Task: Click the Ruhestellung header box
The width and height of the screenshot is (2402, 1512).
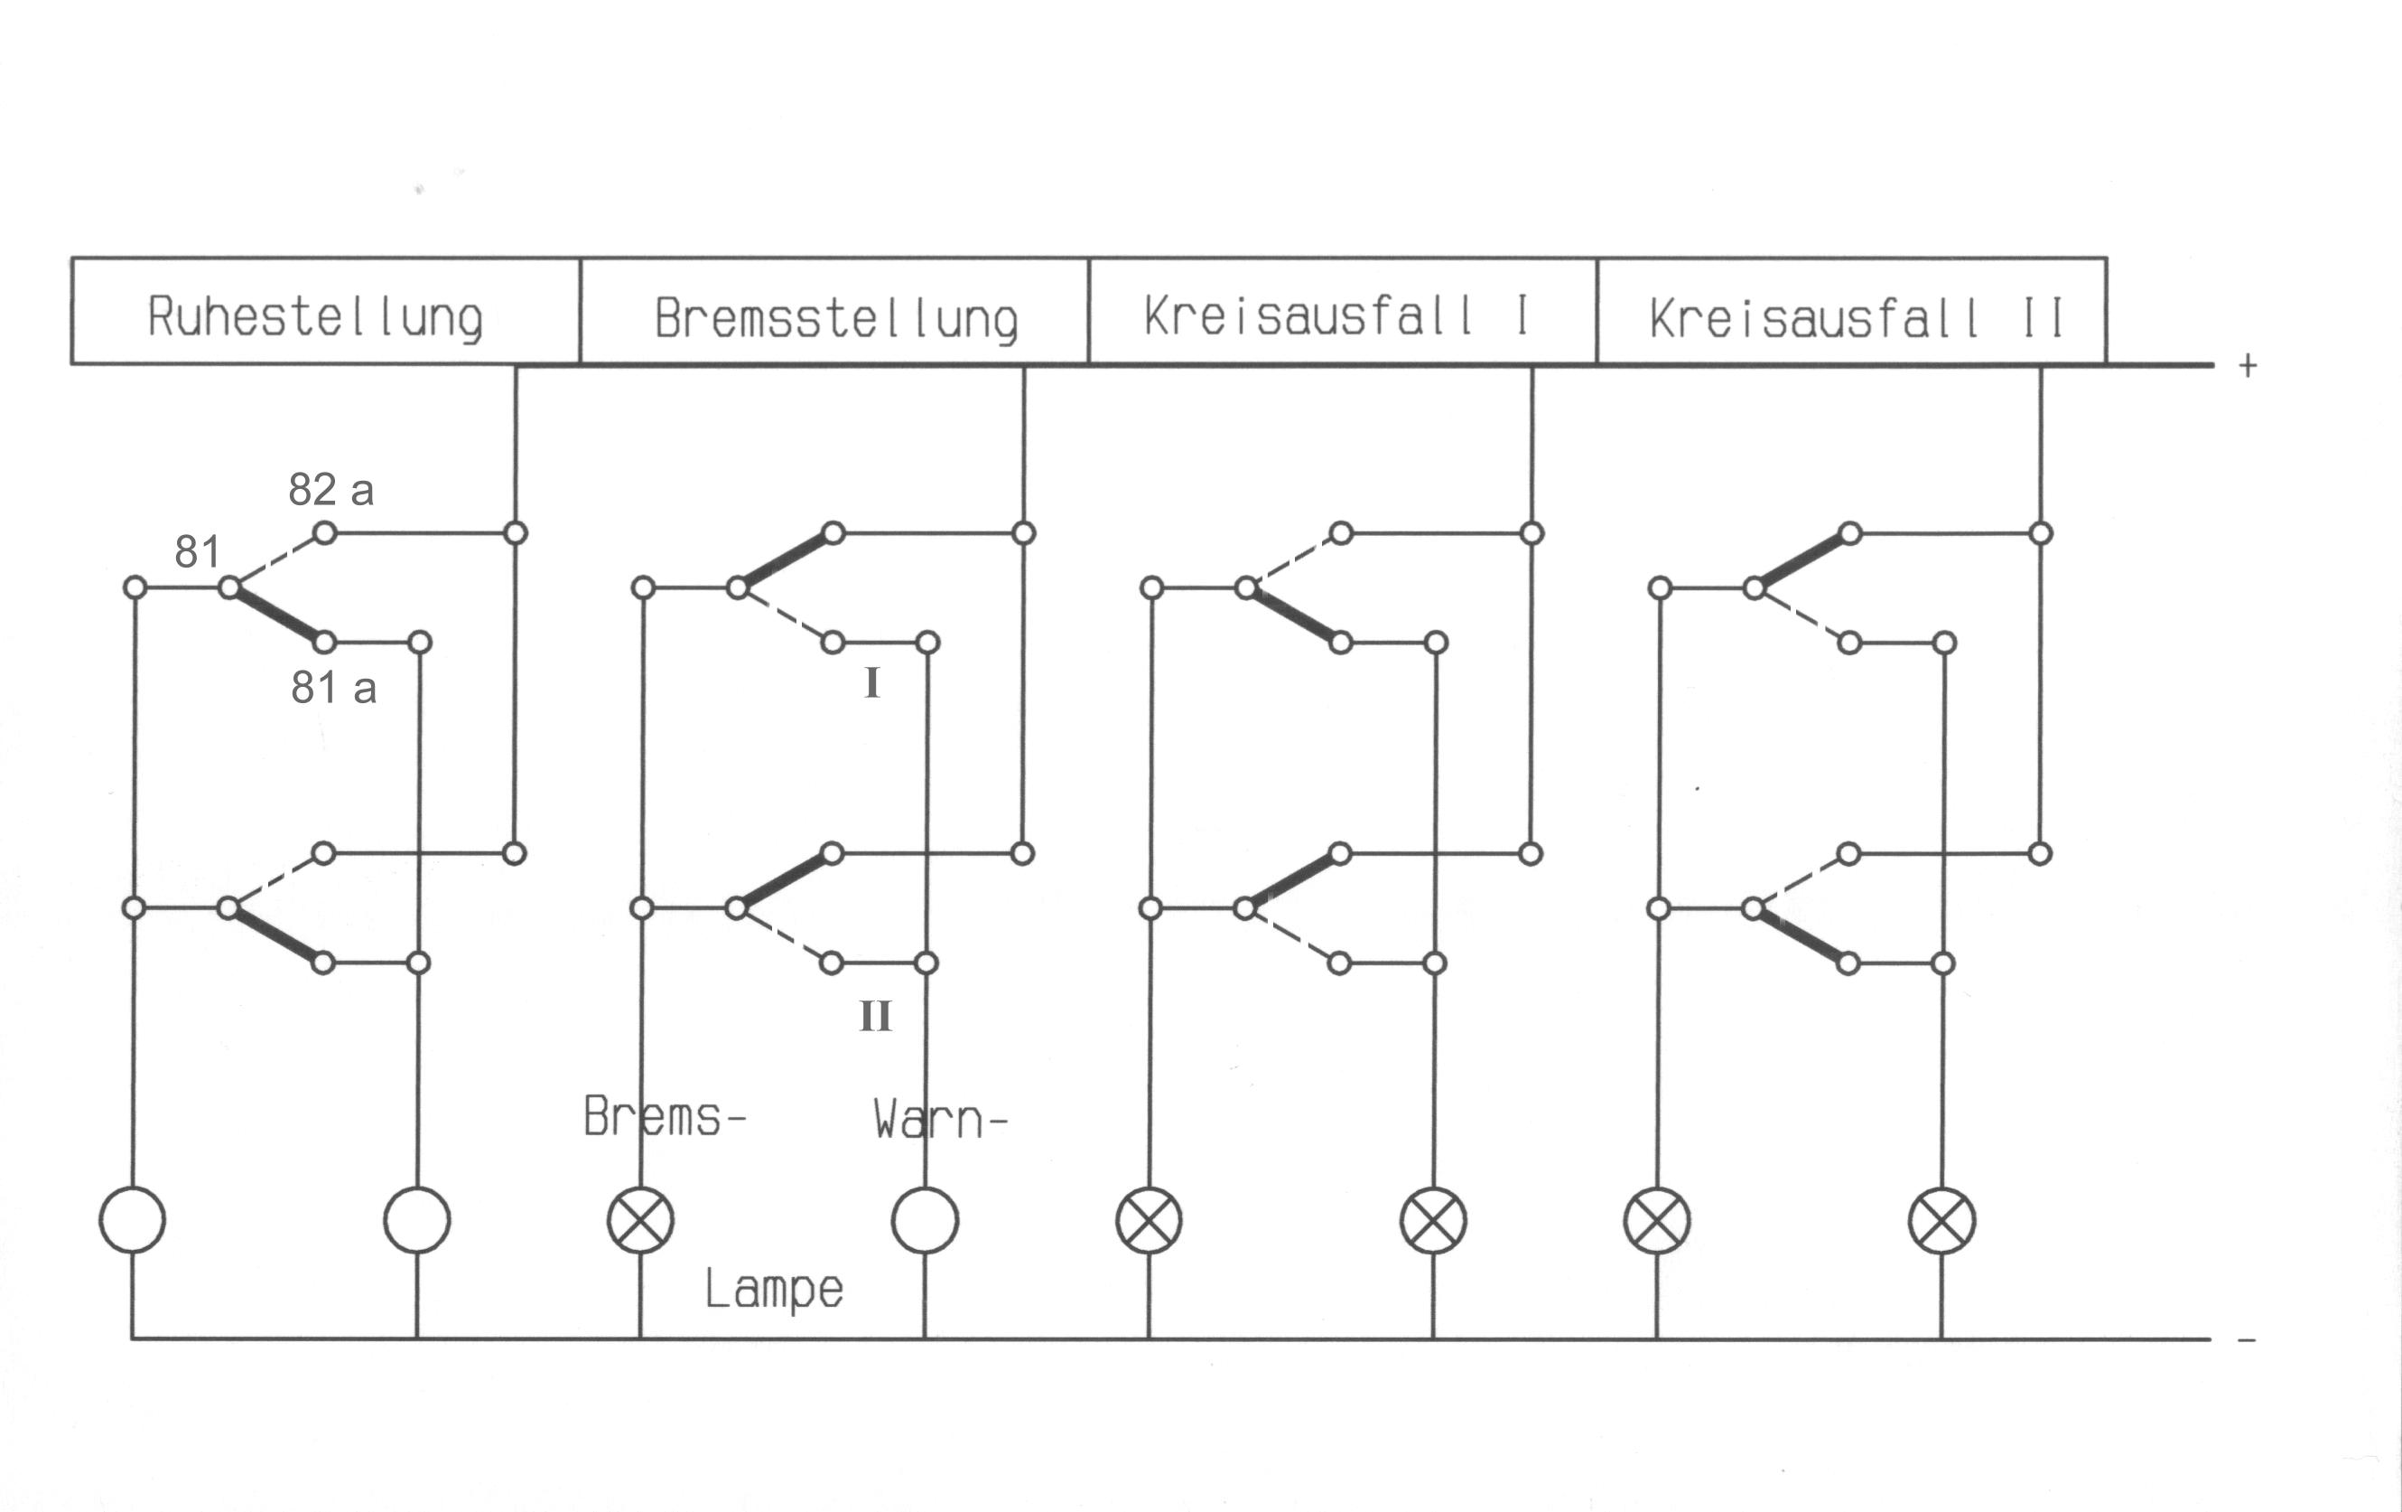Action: pyautogui.click(x=325, y=312)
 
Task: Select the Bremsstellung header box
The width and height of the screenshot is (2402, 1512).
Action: pyautogui.click(x=833, y=312)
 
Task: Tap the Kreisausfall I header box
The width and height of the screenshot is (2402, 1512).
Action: pyautogui.click(x=1343, y=312)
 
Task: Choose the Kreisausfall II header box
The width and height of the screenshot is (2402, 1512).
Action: pyautogui.click(x=1851, y=312)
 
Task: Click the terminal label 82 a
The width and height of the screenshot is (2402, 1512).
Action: pyautogui.click(x=331, y=490)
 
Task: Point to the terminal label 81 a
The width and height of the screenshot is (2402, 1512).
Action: pyautogui.click(x=334, y=688)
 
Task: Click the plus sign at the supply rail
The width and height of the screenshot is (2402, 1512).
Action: pyautogui.click(x=2248, y=366)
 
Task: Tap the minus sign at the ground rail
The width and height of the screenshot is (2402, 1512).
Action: pyautogui.click(x=2247, y=1340)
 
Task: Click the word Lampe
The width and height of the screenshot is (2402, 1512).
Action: pyautogui.click(x=774, y=1290)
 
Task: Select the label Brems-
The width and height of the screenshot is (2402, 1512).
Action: pyautogui.click(x=665, y=1117)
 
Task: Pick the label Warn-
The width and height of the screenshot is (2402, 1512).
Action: pyautogui.click(x=940, y=1120)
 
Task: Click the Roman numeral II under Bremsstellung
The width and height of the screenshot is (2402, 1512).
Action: pyautogui.click(x=875, y=1017)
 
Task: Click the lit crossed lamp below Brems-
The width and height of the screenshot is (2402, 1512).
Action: pyautogui.click(x=640, y=1219)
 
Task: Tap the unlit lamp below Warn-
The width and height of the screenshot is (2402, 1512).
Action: pyautogui.click(x=925, y=1219)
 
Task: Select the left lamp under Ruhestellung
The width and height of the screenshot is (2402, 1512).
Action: pyautogui.click(x=133, y=1219)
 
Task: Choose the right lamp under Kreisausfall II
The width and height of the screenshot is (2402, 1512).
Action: pyautogui.click(x=1941, y=1219)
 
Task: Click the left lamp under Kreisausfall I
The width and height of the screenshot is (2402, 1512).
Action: pyautogui.click(x=1150, y=1219)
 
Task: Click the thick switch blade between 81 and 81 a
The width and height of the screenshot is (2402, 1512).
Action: pyautogui.click(x=277, y=615)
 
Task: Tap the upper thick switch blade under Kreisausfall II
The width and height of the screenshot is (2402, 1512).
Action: pyautogui.click(x=1801, y=561)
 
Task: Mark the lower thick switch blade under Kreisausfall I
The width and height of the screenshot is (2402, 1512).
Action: pyautogui.click(x=1293, y=881)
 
